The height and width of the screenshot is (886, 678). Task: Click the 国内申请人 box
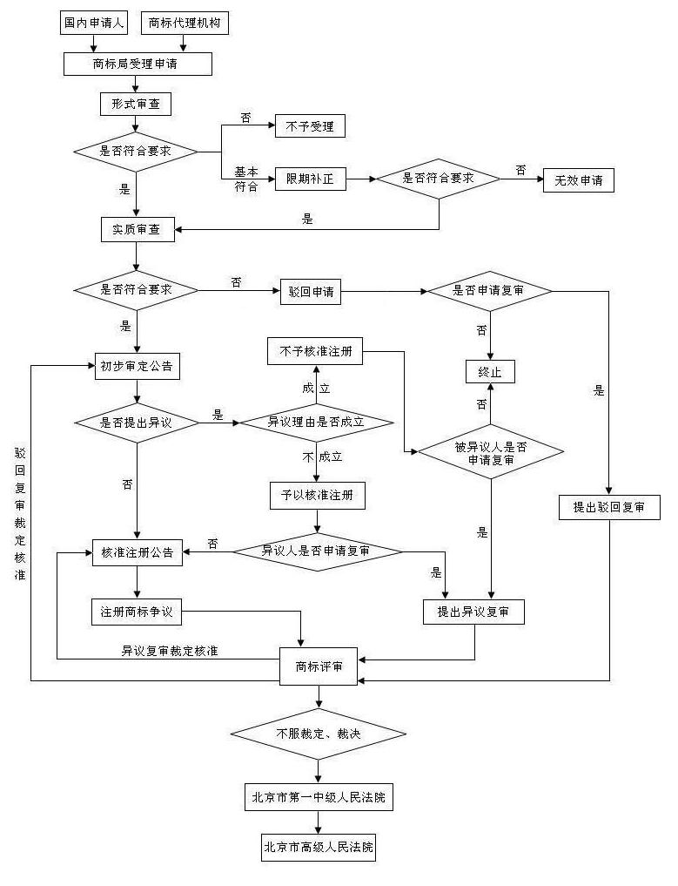[x=93, y=23]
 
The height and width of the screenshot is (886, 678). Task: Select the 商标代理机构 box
[x=185, y=23]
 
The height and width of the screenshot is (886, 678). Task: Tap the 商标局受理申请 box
[x=137, y=64]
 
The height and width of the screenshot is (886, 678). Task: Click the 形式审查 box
[x=136, y=105]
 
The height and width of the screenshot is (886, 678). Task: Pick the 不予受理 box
[x=310, y=126]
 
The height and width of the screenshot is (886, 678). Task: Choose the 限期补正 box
[x=310, y=180]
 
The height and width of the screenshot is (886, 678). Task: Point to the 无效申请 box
[x=579, y=180]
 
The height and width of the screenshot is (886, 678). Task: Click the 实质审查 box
[x=137, y=230]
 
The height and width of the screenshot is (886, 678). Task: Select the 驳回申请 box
[x=310, y=292]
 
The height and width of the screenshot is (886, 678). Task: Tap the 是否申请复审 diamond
[x=488, y=291]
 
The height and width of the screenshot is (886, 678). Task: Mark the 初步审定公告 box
[x=137, y=367]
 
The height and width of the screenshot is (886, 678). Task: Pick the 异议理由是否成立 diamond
[x=316, y=422]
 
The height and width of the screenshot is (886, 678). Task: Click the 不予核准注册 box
[x=315, y=353]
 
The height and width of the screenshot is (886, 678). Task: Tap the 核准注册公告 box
[x=137, y=552]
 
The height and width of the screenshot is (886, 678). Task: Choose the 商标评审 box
[x=319, y=666]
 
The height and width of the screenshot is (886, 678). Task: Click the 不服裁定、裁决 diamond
[x=319, y=734]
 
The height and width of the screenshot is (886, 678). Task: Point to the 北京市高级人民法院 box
[x=319, y=847]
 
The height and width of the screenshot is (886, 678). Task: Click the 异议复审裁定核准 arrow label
[x=170, y=651]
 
